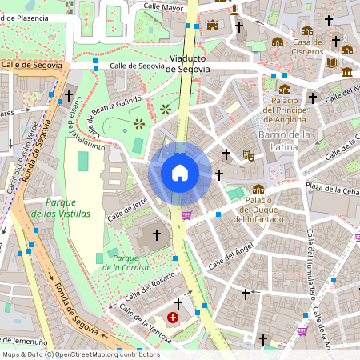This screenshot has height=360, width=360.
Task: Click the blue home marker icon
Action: pyautogui.click(x=180, y=173)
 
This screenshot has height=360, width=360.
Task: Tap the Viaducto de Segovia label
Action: pyautogui.click(x=190, y=64)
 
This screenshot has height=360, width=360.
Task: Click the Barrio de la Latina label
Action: pyautogui.click(x=284, y=140)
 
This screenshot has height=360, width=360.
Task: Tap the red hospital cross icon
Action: pyautogui.click(x=173, y=318)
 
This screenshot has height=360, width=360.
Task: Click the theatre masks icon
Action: pyautogui.click(x=249, y=158)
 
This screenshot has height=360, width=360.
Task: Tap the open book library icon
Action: pyautogui.click(x=332, y=62)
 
